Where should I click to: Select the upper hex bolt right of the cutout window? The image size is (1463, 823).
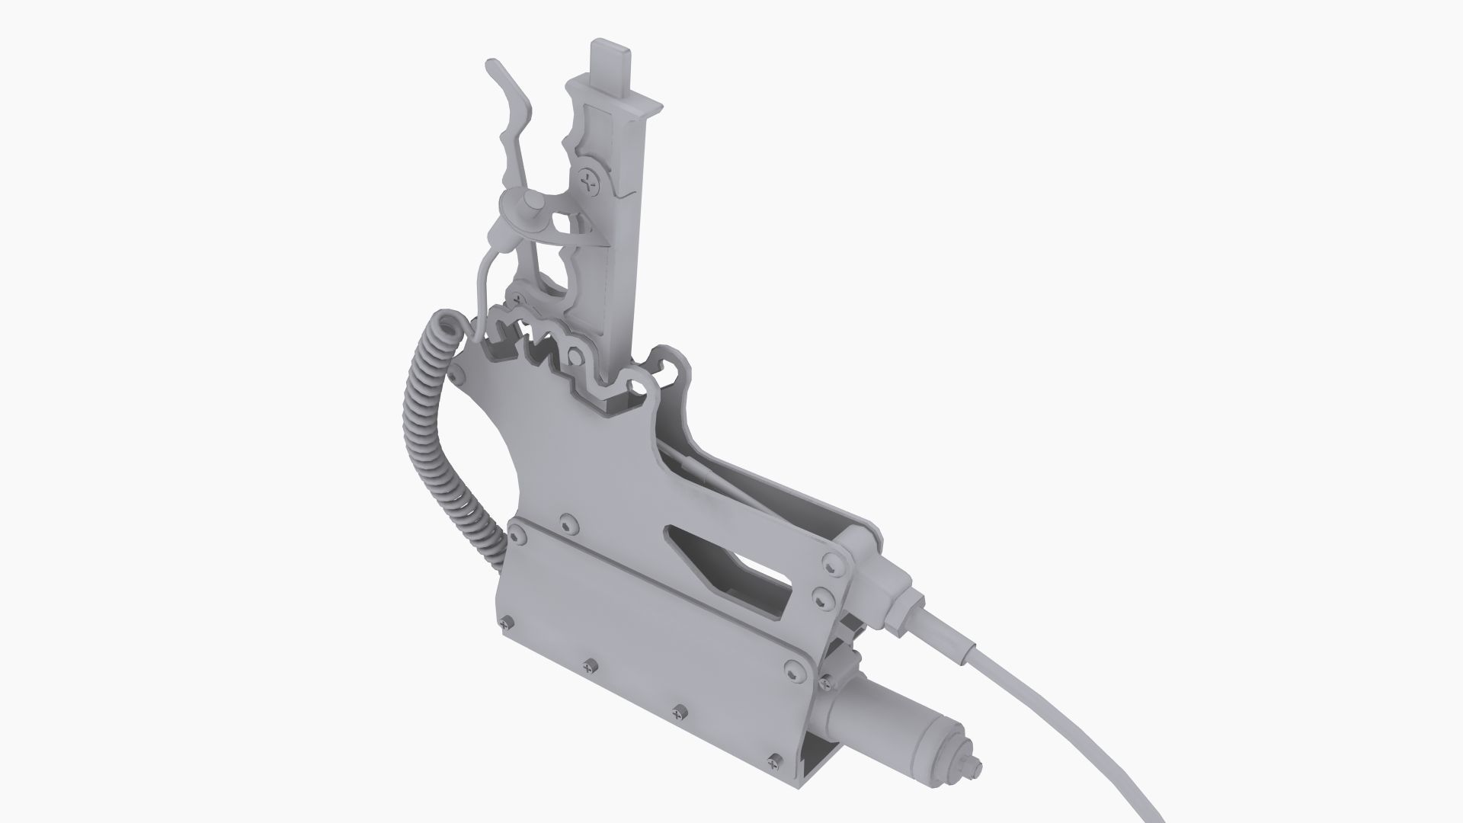831,562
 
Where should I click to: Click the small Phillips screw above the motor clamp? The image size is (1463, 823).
826,687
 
